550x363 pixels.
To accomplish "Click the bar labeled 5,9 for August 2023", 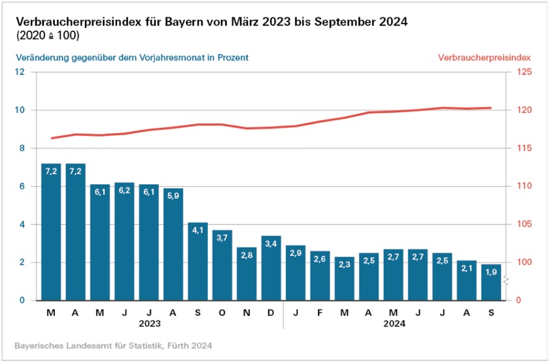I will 173,248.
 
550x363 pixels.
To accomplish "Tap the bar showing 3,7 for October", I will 222,268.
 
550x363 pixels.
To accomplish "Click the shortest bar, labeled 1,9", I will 492,283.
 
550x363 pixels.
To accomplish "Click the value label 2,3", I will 345,265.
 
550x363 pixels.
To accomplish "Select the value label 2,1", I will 467,269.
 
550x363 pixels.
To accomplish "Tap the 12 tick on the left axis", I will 21,72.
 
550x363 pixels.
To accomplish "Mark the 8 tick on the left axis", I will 21,148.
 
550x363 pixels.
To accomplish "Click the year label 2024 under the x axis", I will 394,323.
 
